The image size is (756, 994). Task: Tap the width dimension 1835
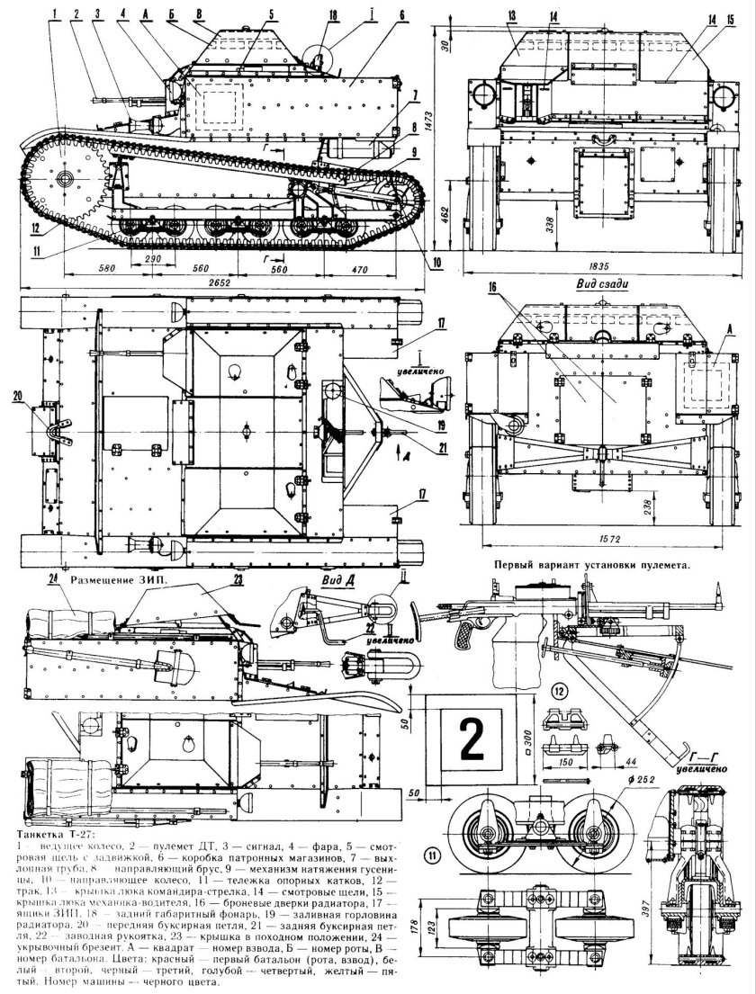pyautogui.click(x=595, y=265)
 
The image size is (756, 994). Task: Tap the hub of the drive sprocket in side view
pyautogui.click(x=65, y=180)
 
